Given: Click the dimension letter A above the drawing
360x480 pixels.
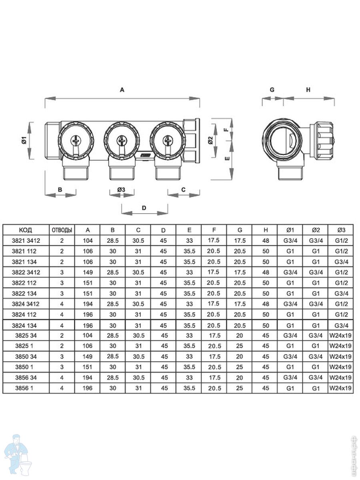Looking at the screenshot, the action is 122,90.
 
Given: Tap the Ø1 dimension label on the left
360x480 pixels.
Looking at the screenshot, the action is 24,140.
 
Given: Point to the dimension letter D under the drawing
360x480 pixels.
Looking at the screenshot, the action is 144,208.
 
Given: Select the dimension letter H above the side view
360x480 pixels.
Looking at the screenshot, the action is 308,90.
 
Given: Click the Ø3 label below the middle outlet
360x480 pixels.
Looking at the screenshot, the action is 121,190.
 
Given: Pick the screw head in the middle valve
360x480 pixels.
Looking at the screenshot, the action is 121,140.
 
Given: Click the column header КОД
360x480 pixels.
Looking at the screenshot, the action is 26,230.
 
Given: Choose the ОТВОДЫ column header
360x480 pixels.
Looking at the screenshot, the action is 62,230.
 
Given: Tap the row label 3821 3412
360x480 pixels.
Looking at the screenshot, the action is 26,241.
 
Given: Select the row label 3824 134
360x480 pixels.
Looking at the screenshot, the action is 24,326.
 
